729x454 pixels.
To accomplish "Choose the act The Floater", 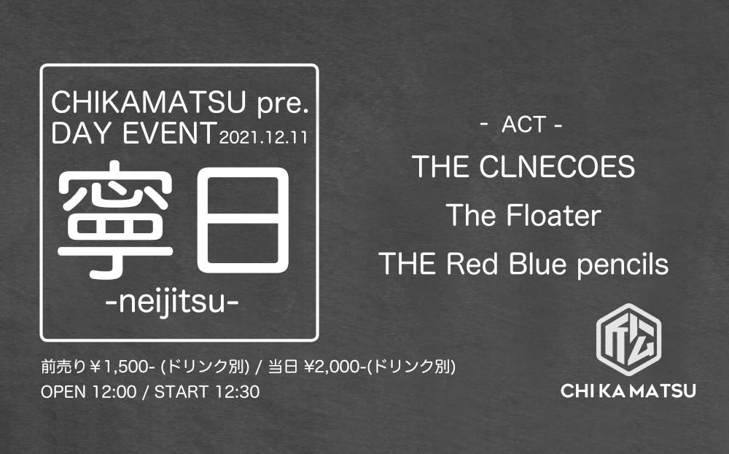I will (x=523, y=216).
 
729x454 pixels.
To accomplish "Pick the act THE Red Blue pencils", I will (x=523, y=264).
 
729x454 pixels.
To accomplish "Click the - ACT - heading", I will (x=522, y=125).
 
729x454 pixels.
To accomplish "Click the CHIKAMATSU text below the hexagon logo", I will (x=628, y=392).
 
